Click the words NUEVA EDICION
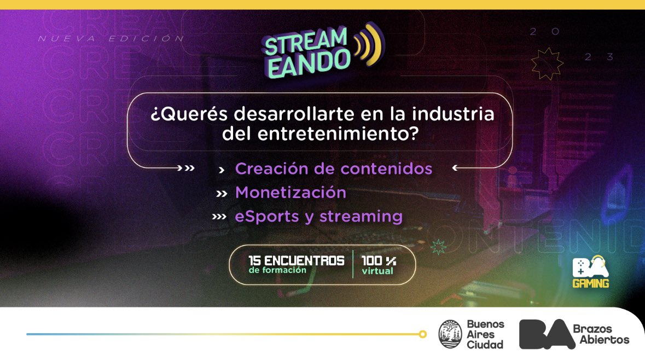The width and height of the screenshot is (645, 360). [111, 39]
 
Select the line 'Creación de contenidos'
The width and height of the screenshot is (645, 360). [333, 169]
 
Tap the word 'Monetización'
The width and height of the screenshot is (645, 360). [290, 193]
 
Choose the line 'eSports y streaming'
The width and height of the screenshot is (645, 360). [318, 216]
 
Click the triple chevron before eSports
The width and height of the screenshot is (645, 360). [219, 217]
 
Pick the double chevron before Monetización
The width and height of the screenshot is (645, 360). [221, 193]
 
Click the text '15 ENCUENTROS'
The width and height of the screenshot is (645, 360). [296, 260]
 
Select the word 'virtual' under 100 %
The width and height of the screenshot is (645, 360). [377, 271]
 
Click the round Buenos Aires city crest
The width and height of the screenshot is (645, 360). [450, 334]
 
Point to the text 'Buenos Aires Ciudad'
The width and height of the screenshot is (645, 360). [485, 334]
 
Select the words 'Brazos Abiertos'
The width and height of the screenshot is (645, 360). [601, 334]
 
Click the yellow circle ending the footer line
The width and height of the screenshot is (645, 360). [422, 334]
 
